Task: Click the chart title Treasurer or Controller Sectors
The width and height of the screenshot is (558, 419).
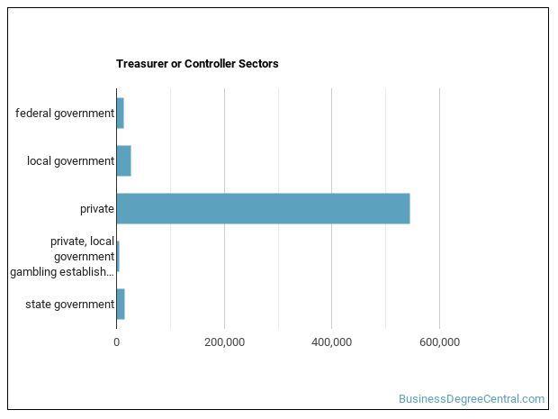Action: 197,64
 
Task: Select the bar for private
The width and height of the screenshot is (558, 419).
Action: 263,208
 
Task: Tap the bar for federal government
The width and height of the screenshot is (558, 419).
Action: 120,113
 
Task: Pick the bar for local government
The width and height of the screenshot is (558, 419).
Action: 123,160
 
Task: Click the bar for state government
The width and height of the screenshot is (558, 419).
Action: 121,304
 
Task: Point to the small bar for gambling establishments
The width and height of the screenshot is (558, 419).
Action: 118,256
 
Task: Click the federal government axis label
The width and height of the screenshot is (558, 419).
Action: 65,113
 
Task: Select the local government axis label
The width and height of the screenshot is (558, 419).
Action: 70,160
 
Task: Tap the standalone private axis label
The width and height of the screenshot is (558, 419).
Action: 96,208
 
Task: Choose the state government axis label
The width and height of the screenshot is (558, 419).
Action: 70,304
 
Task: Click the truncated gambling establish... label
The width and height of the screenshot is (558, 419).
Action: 62,271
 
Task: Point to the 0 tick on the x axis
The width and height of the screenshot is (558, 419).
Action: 116,342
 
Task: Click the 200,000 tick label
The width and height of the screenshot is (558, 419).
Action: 224,342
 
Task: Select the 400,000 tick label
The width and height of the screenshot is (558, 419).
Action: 332,342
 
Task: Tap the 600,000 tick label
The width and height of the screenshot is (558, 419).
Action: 439,342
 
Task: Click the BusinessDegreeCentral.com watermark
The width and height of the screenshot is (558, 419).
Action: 472,398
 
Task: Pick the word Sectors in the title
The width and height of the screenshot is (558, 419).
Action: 259,64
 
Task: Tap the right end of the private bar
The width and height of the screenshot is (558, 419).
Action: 408,208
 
